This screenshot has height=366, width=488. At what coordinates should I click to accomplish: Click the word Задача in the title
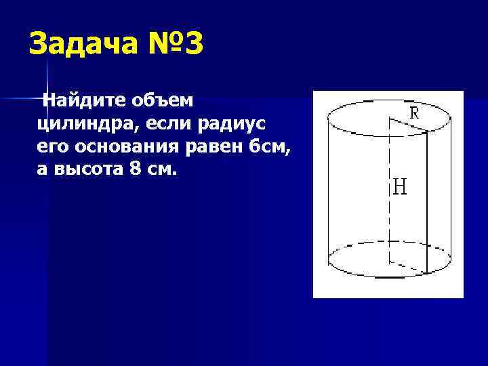83,45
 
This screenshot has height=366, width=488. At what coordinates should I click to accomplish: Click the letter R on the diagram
413,113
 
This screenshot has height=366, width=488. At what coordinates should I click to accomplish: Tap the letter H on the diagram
400,186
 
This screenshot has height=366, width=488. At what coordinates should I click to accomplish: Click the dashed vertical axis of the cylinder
390,203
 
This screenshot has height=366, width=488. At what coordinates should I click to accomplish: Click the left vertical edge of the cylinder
327,190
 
